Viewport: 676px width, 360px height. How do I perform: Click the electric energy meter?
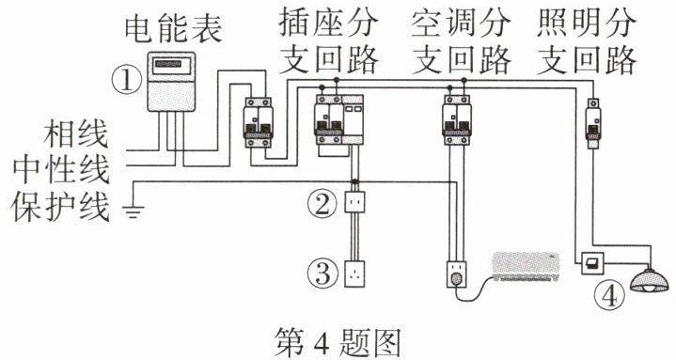172,82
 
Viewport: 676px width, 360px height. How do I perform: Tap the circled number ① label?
126,82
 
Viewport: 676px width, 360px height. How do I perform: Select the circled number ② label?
322,203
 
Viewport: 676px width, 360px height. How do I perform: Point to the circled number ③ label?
322,274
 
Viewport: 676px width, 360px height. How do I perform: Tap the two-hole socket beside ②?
354,202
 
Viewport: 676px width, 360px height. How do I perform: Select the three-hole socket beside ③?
354,274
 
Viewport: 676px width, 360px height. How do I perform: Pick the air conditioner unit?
526,267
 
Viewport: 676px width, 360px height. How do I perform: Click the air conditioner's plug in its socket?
456,279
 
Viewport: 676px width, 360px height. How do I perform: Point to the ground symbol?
134,211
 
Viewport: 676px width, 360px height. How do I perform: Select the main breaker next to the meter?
259,122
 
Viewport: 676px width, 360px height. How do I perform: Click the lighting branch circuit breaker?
593,123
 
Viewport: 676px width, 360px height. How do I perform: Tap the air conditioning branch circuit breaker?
457,119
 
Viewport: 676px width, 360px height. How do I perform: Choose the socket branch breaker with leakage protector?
338,120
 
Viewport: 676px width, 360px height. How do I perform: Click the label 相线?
75,134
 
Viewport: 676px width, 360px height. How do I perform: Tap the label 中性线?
60,169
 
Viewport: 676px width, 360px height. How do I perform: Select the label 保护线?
60,206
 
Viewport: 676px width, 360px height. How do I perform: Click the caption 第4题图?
338,342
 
